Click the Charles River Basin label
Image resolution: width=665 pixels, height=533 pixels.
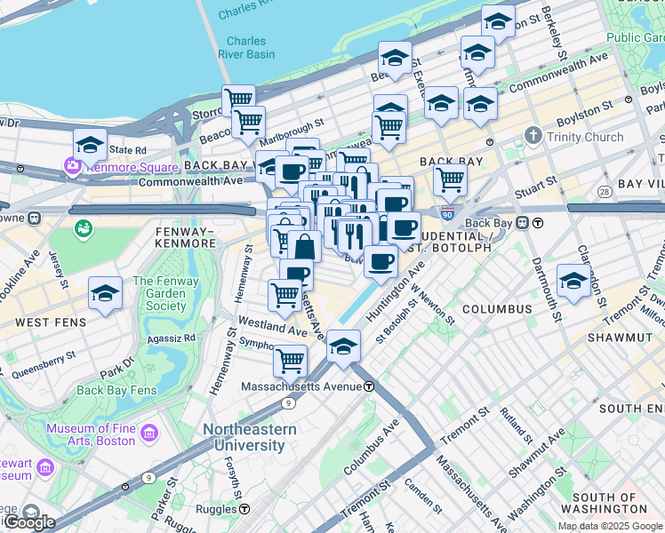tap(245, 47)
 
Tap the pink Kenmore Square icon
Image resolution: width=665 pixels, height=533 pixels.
tap(71, 165)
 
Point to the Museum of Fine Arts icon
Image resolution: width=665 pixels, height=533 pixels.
tap(148, 434)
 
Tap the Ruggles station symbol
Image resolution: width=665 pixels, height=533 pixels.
tap(244, 509)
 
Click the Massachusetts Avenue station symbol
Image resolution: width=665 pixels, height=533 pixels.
tap(368, 386)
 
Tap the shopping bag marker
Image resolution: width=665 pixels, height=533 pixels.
tap(304, 246)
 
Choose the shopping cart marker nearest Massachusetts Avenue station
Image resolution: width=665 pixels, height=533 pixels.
tap(290, 361)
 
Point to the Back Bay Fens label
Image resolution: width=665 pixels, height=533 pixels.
tap(116, 390)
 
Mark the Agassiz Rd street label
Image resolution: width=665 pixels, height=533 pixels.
tap(172, 338)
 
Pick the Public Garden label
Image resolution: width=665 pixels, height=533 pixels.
tap(635, 37)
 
